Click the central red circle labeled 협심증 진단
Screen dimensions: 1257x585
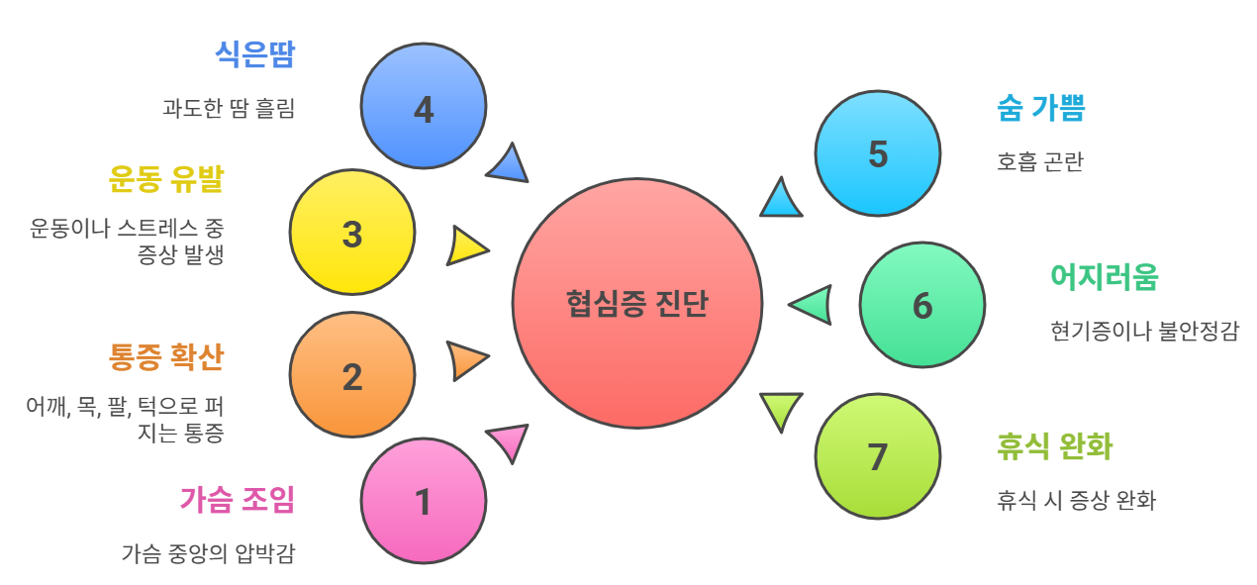click(637, 303)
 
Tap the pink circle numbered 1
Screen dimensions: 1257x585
click(424, 501)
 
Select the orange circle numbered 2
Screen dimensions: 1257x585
click(352, 374)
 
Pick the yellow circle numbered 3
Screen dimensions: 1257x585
click(352, 232)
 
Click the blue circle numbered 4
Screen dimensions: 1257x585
click(424, 106)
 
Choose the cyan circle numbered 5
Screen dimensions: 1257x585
click(878, 153)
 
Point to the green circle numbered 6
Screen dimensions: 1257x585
click(922, 305)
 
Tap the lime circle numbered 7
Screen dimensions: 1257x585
click(878, 456)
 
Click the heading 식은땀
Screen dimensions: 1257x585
click(255, 54)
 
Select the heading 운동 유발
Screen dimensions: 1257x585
click(166, 179)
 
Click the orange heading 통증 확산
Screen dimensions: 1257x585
click(166, 357)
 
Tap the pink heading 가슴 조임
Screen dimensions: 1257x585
click(238, 499)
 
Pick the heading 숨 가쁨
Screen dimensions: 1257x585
click(1041, 107)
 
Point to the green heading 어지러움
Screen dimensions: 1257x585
click(1105, 277)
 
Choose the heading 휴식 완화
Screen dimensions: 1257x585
click(1055, 446)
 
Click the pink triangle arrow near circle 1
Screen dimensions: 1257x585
click(510, 440)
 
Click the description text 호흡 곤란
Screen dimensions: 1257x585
click(1040, 161)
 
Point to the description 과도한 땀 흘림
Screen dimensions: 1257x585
click(229, 108)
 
